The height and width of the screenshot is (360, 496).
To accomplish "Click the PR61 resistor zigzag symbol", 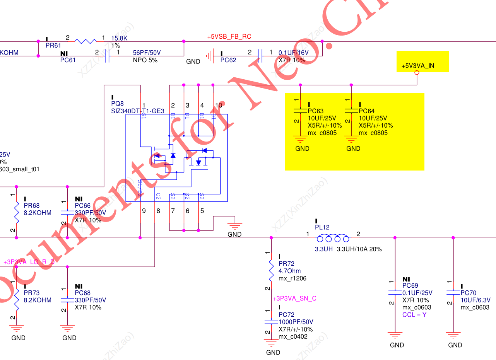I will tap(86, 41).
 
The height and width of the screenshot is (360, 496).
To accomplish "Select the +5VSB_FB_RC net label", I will tap(229, 37).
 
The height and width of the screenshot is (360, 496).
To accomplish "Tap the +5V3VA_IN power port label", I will tap(417, 66).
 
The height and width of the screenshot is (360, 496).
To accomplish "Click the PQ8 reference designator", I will tap(117, 104).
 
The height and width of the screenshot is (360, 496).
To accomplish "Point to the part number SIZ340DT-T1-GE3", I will tap(137, 111).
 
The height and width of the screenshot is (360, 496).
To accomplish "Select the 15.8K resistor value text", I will tap(120, 38).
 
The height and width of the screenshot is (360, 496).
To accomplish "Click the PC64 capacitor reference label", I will tap(366, 111).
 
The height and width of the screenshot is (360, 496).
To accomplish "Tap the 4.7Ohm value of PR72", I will tap(289, 271).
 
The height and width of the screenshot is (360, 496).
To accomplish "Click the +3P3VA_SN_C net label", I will tap(294, 299).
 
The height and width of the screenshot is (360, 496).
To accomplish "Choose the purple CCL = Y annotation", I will tap(414, 315).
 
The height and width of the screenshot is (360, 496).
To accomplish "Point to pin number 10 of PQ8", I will tap(219, 106).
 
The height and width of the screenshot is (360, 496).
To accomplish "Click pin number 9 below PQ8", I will tap(144, 211).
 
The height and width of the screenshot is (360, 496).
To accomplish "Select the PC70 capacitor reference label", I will tap(468, 293).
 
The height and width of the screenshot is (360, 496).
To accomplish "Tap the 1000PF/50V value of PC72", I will tap(296, 322).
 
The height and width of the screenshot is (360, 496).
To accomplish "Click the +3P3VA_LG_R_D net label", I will tap(29, 262).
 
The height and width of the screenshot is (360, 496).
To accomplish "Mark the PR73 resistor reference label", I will tap(32, 293).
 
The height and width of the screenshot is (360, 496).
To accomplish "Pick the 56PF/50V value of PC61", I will tap(147, 53).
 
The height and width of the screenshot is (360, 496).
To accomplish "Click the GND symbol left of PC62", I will tap(209, 56).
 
